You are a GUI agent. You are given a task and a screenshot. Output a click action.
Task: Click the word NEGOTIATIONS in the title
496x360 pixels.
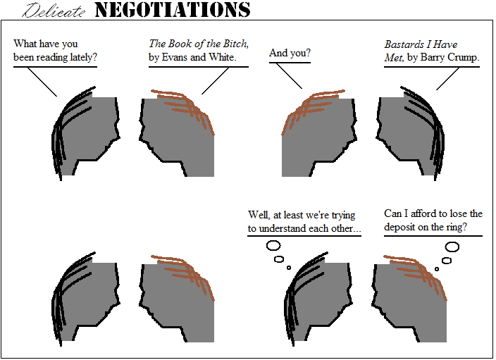click(x=173, y=10)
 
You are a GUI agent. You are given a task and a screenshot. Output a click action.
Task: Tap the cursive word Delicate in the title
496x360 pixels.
click(x=54, y=11)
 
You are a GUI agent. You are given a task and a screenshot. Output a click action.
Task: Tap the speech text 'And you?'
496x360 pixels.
click(x=290, y=53)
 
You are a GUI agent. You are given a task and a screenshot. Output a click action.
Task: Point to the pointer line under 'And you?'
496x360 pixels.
click(x=289, y=76)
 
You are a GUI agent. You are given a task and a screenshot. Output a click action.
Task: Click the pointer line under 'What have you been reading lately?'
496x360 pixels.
click(x=42, y=82)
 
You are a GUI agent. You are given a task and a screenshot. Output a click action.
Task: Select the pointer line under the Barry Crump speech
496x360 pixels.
click(x=447, y=79)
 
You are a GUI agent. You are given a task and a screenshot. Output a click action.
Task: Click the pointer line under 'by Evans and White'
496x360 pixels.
click(x=215, y=81)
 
